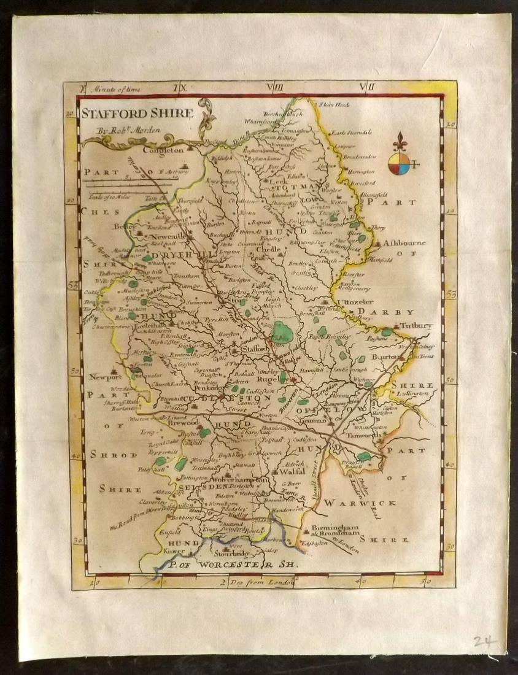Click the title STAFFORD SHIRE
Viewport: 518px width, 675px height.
[137, 113]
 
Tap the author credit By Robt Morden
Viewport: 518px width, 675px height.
[123, 130]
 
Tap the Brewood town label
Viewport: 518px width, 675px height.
[183, 423]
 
